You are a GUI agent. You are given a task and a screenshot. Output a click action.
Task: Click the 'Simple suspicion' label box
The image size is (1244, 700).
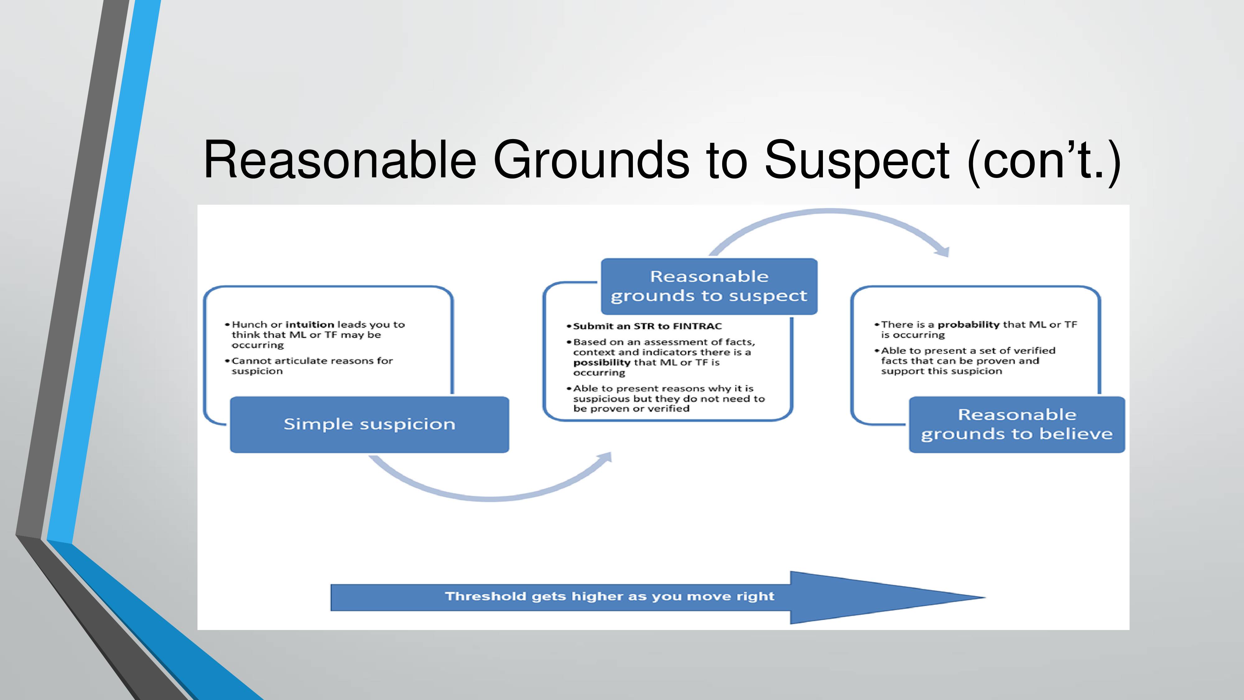point(369,425)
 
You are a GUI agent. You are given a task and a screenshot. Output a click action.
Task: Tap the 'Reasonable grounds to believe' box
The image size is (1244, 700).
point(1017,425)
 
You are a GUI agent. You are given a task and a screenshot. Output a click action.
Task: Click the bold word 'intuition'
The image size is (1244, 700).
point(310,324)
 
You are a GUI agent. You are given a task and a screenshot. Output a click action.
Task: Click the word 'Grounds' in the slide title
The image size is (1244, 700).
point(592,160)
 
